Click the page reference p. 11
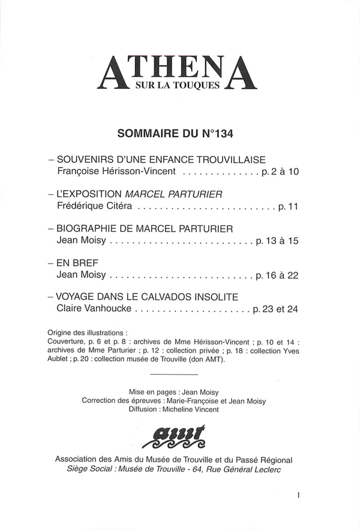click(287, 207)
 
